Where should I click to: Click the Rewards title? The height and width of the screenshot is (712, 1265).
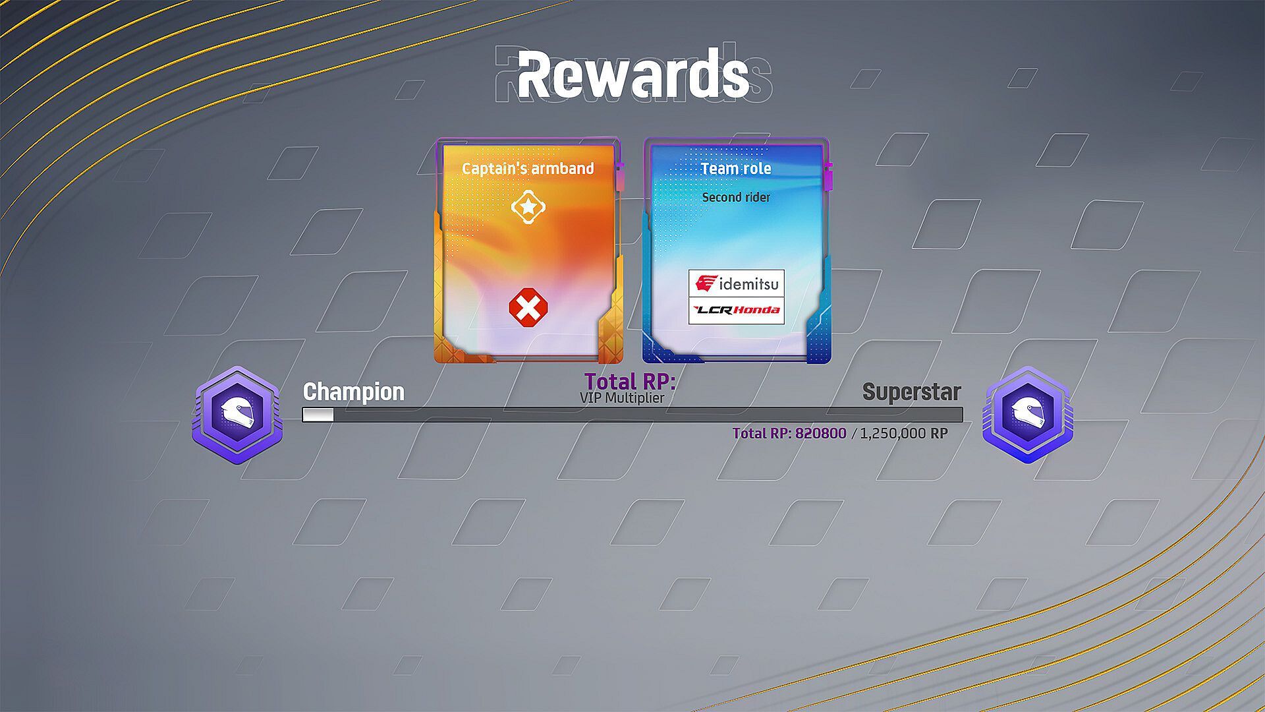(x=633, y=75)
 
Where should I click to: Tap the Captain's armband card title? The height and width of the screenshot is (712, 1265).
(x=528, y=169)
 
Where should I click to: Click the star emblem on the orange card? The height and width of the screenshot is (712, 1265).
(x=528, y=207)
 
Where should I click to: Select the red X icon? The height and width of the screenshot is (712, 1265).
(x=528, y=307)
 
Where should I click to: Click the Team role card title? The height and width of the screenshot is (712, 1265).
(x=736, y=169)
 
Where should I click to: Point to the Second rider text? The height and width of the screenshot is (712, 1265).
(x=736, y=197)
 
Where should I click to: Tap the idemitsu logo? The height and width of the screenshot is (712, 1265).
(x=737, y=283)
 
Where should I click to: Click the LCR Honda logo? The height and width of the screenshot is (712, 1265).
(x=737, y=311)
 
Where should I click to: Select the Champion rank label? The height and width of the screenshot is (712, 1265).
(x=354, y=392)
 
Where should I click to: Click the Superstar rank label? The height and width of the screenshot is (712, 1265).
(x=912, y=392)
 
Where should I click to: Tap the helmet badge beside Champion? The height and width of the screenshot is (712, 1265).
(x=237, y=415)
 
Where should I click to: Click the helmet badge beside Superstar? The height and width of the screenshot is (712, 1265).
(x=1028, y=415)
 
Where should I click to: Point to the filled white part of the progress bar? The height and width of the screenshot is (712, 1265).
(x=318, y=415)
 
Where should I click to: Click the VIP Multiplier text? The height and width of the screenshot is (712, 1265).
(x=622, y=398)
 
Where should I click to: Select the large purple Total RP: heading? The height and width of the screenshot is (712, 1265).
(x=630, y=381)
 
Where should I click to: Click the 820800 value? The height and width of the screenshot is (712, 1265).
(x=820, y=434)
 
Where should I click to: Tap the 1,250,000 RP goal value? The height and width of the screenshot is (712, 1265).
(x=904, y=434)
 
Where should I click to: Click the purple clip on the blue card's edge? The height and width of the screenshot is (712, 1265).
(x=828, y=177)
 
